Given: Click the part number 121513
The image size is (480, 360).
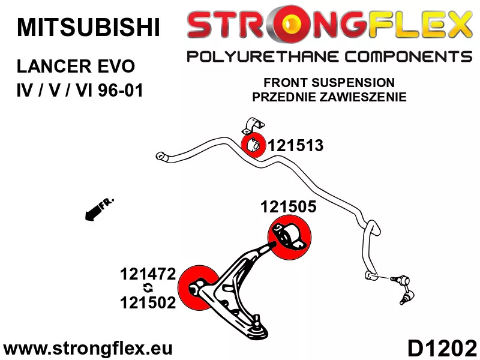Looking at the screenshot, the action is coord(296,145).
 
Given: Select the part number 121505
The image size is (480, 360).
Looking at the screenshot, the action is coord(289,206).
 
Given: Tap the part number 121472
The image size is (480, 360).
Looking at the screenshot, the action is coord(148,274).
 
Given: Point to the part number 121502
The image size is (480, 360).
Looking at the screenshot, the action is coord(148,303).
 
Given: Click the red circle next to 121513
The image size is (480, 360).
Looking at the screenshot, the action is coord(253,145).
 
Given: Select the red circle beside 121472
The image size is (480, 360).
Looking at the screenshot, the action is coord(199,287).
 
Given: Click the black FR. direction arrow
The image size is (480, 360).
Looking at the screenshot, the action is coord(99,209).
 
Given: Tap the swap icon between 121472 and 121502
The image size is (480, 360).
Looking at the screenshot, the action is coord(148,288).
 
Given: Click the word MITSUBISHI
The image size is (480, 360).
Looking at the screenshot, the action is coord(88,28).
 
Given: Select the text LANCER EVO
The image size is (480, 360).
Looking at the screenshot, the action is coord(76,67).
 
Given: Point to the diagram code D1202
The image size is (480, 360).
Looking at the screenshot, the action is coord(442,349).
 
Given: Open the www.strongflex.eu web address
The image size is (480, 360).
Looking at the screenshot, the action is coord(88,349).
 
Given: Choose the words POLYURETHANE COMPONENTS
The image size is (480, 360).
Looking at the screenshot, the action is coord(329,57).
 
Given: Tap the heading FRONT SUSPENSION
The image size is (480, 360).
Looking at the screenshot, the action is coord(329,83).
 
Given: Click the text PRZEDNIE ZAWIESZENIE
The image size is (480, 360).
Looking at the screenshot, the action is coord(329,97).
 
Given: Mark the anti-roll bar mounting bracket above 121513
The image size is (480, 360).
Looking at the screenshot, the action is coord(253,125).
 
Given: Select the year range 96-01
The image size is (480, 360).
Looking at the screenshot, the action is coord(121,91).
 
